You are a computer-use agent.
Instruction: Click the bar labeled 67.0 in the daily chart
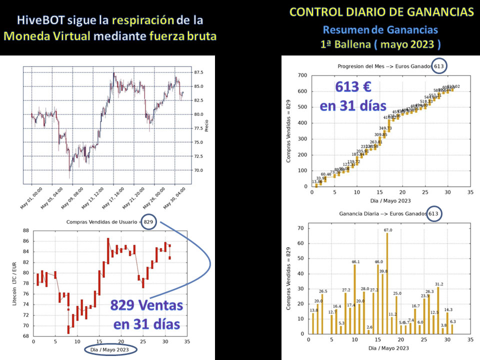click(x=387, y=283)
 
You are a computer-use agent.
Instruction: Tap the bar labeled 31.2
click(x=438, y=310)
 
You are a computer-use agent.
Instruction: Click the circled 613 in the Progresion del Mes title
click(x=438, y=66)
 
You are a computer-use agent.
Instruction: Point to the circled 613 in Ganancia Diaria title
click(x=434, y=213)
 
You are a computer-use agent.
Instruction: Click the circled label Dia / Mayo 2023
click(x=110, y=349)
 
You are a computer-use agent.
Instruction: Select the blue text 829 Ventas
click(x=146, y=305)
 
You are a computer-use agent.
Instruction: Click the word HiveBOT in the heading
click(x=36, y=20)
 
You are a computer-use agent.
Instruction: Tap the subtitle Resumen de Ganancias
click(x=380, y=30)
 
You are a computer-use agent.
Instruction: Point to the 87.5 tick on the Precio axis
click(x=197, y=72)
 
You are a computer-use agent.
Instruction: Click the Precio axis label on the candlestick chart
click(x=206, y=125)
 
